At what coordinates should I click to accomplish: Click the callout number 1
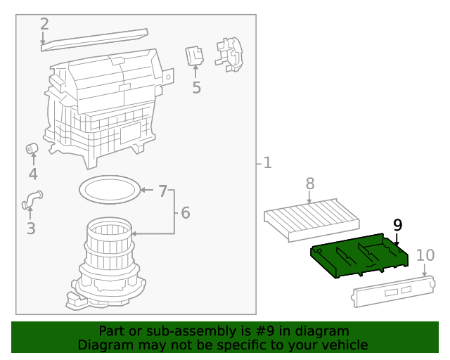pos(267,163)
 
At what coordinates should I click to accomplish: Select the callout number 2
pos(44,24)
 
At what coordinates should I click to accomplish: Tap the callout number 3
pos(30,228)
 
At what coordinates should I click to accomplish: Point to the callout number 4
pos(33,174)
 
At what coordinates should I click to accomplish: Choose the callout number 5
pos(196,88)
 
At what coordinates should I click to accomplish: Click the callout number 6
pos(185,212)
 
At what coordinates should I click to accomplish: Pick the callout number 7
pos(162,191)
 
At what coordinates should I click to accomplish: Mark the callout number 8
pos(310,184)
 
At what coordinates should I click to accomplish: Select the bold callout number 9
pos(398,225)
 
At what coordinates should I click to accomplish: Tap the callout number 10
pos(425,255)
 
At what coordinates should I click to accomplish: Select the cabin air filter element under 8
pos(309,217)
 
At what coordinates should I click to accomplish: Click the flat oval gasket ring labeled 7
pos(109,188)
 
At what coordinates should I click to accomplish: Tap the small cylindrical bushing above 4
pos(32,148)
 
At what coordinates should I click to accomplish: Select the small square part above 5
pos(195,56)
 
